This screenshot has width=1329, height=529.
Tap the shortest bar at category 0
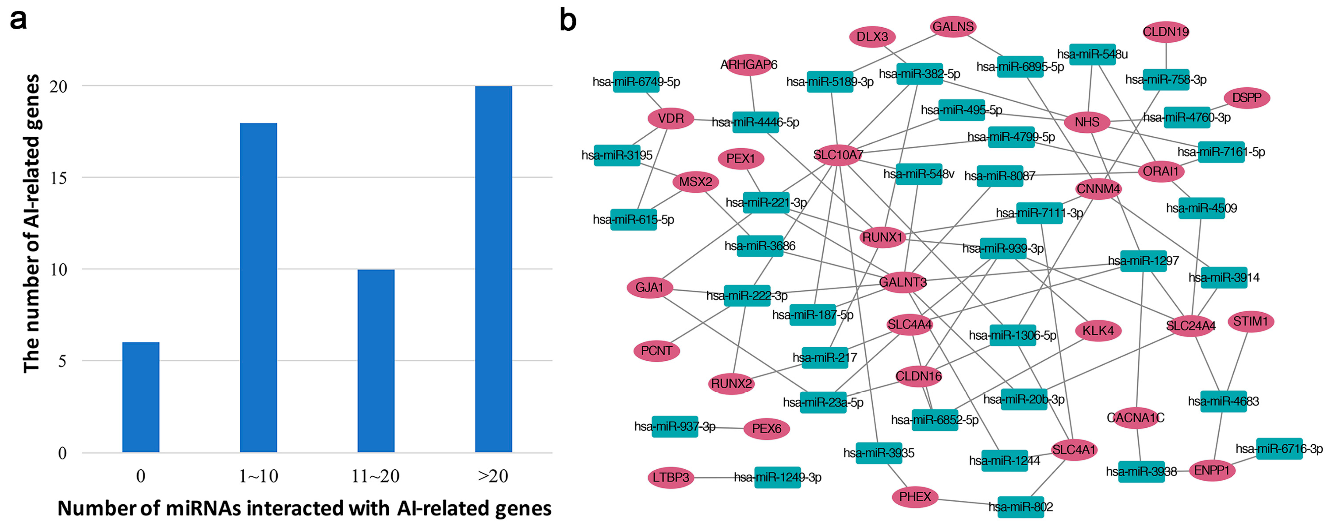click(x=140, y=397)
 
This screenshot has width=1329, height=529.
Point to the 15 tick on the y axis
click(x=58, y=178)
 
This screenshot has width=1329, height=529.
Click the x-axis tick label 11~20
click(x=375, y=476)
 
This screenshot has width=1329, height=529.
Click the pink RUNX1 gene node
click(x=882, y=237)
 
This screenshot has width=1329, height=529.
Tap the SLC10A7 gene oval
click(x=838, y=155)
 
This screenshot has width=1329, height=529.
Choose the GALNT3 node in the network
click(x=903, y=282)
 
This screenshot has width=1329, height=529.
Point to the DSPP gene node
click(x=1246, y=97)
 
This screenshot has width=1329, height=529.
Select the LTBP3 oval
click(x=671, y=478)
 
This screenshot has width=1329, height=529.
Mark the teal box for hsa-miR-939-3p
click(x=1003, y=248)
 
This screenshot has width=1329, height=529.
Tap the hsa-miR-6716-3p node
click(x=1279, y=449)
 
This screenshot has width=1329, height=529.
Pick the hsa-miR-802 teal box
click(x=1020, y=507)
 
